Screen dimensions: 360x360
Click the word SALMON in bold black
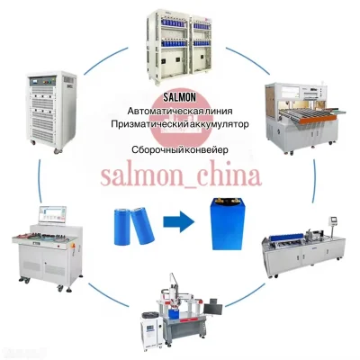tap(180, 97)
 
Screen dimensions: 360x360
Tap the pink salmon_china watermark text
tap(181, 177)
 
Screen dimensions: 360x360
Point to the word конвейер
tap(207, 149)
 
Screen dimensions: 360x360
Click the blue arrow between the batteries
tap(179, 222)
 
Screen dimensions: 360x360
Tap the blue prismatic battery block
tap(227, 224)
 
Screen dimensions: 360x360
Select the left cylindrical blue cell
tap(121, 227)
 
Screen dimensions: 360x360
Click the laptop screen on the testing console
tap(52, 214)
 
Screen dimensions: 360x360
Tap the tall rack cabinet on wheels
tap(51, 112)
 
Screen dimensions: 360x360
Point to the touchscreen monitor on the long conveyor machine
tap(334, 220)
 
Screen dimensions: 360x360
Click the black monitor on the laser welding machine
tap(212, 309)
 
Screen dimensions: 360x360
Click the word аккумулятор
tap(220, 124)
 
